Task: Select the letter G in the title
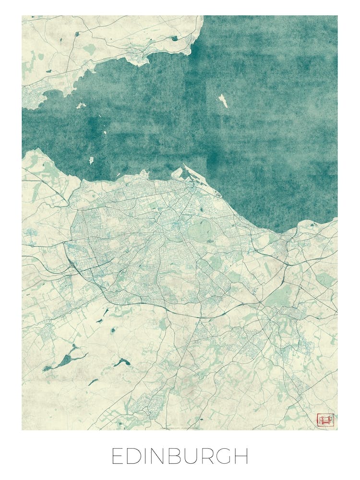(224, 456)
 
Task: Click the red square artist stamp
(325, 420)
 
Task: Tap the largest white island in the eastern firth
(223, 100)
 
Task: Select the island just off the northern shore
(81, 106)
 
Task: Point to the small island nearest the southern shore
(91, 160)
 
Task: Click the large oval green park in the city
(198, 231)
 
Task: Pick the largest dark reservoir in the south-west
(67, 358)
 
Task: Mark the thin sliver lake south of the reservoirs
(93, 382)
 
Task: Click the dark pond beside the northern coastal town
(174, 38)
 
